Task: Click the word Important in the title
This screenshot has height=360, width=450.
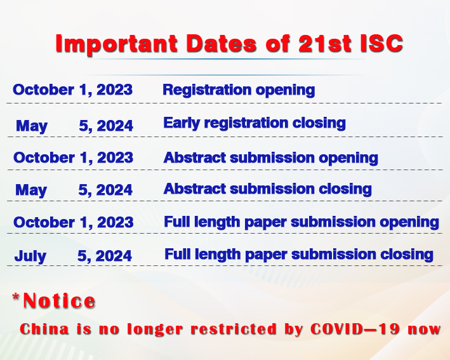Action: (x=117, y=44)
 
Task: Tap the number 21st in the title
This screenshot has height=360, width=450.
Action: (x=325, y=43)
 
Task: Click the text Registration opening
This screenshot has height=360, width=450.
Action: (x=239, y=90)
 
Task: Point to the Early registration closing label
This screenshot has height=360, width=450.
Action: (x=255, y=123)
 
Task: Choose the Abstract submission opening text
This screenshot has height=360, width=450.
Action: (x=270, y=158)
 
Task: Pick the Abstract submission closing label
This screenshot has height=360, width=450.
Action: (x=267, y=189)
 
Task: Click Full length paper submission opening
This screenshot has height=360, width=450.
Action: (x=301, y=222)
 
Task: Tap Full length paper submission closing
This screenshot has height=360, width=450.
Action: (x=299, y=255)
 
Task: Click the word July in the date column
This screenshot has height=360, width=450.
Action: (x=30, y=256)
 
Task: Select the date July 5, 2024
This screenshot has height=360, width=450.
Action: (x=73, y=256)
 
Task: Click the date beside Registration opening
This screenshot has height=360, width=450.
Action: (x=72, y=90)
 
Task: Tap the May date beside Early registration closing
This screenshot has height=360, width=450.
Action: (x=74, y=126)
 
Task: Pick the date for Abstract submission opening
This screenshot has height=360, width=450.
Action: (x=73, y=157)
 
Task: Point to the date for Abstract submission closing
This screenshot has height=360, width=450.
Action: (x=74, y=190)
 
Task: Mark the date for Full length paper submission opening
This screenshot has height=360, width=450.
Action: (x=74, y=222)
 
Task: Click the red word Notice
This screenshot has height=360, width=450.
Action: (x=59, y=300)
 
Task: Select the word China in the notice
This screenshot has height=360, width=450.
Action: (x=44, y=329)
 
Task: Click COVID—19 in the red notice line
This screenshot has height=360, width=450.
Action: (x=355, y=329)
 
